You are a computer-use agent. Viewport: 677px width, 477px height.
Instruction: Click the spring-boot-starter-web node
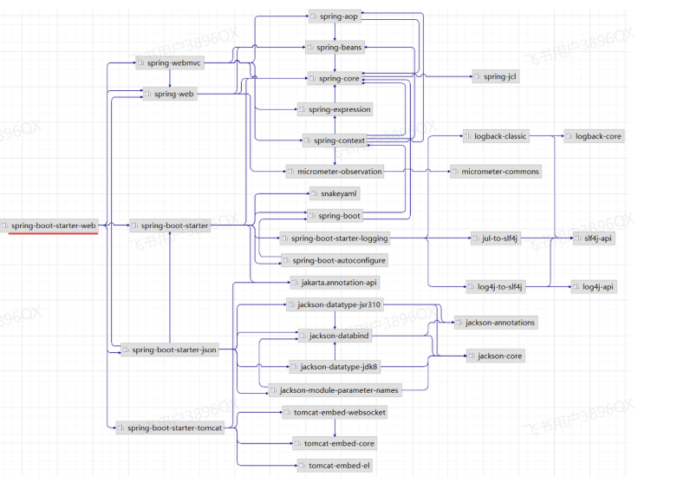pos(49,225)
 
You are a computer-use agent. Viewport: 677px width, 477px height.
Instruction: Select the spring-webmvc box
pos(170,63)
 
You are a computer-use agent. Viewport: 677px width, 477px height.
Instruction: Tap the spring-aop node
pos(335,16)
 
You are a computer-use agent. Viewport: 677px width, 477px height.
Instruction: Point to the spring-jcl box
pos(496,76)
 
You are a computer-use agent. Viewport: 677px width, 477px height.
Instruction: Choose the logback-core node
pos(594,136)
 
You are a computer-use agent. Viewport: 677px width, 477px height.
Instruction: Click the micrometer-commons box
pos(496,172)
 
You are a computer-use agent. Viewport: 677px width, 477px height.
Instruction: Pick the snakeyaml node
pos(335,193)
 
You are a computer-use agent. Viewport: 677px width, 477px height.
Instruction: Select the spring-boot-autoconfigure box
pos(335,260)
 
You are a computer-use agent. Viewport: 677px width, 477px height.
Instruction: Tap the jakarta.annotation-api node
pos(335,283)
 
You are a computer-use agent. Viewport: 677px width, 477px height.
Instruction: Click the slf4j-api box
pos(594,238)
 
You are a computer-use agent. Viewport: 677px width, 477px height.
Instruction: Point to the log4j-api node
pos(594,286)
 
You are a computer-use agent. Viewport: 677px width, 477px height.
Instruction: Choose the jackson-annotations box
pos(496,323)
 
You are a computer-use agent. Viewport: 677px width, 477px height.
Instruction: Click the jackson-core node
pos(496,356)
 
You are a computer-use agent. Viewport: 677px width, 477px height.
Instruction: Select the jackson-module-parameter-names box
pos(335,390)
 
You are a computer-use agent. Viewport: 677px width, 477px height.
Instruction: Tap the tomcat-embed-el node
pos(335,466)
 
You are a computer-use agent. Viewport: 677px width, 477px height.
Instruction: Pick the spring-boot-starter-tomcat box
pos(170,428)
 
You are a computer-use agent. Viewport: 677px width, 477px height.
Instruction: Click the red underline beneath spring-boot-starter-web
pos(53,234)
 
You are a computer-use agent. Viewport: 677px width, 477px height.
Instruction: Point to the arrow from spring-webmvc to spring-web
pos(170,78)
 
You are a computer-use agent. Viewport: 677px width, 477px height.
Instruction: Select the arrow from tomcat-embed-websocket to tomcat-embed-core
pos(335,428)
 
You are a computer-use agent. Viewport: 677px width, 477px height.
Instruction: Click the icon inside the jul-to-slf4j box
pos(476,238)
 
